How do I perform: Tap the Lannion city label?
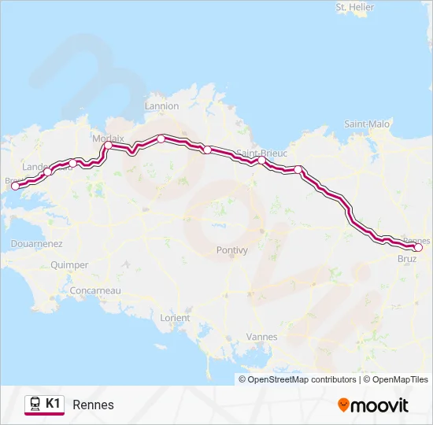(162, 106)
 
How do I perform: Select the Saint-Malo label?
(367, 124)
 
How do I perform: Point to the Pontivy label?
(231, 250)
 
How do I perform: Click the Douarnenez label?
(36, 244)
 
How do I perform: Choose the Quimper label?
(69, 265)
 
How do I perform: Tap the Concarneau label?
(94, 290)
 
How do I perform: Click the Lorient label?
(175, 318)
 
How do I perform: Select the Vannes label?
(262, 337)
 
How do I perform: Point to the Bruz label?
(407, 258)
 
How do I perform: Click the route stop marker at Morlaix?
(108, 145)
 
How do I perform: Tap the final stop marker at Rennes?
(418, 248)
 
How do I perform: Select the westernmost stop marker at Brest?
(15, 187)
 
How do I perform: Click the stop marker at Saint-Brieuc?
(261, 161)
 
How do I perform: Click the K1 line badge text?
(53, 404)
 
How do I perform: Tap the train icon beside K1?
(35, 405)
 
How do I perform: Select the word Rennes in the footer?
(93, 405)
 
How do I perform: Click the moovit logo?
(373, 405)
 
